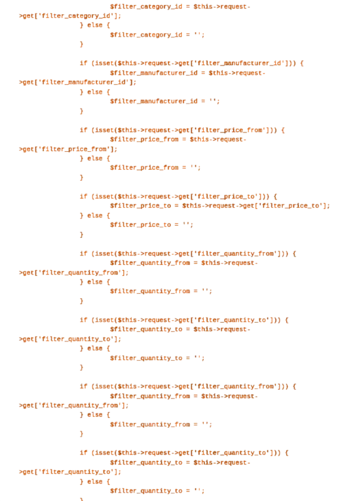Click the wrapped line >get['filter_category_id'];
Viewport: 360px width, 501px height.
[70, 15]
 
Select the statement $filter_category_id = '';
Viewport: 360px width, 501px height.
[157, 35]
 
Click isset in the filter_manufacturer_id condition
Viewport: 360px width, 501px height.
[104, 63]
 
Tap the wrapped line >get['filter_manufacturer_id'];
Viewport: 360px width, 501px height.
[78, 82]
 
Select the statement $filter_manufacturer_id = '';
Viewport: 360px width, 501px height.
[165, 101]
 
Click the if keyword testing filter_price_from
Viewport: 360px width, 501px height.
[84, 130]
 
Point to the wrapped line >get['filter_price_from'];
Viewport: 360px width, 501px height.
[68, 149]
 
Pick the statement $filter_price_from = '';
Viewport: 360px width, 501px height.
[155, 167]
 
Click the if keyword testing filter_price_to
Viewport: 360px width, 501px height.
[84, 196]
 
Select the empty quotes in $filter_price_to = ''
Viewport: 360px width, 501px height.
[186, 224]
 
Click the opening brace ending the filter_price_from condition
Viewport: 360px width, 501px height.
[283, 130]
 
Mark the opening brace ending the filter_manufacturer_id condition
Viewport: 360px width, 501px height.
[301, 63]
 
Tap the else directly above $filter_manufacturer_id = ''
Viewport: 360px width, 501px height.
[95, 92]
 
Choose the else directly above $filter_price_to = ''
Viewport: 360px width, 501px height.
[95, 215]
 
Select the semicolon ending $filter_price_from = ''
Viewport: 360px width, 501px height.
[199, 168]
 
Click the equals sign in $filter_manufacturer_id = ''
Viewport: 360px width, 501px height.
[203, 101]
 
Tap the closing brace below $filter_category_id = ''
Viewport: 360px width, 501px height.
[82, 44]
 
